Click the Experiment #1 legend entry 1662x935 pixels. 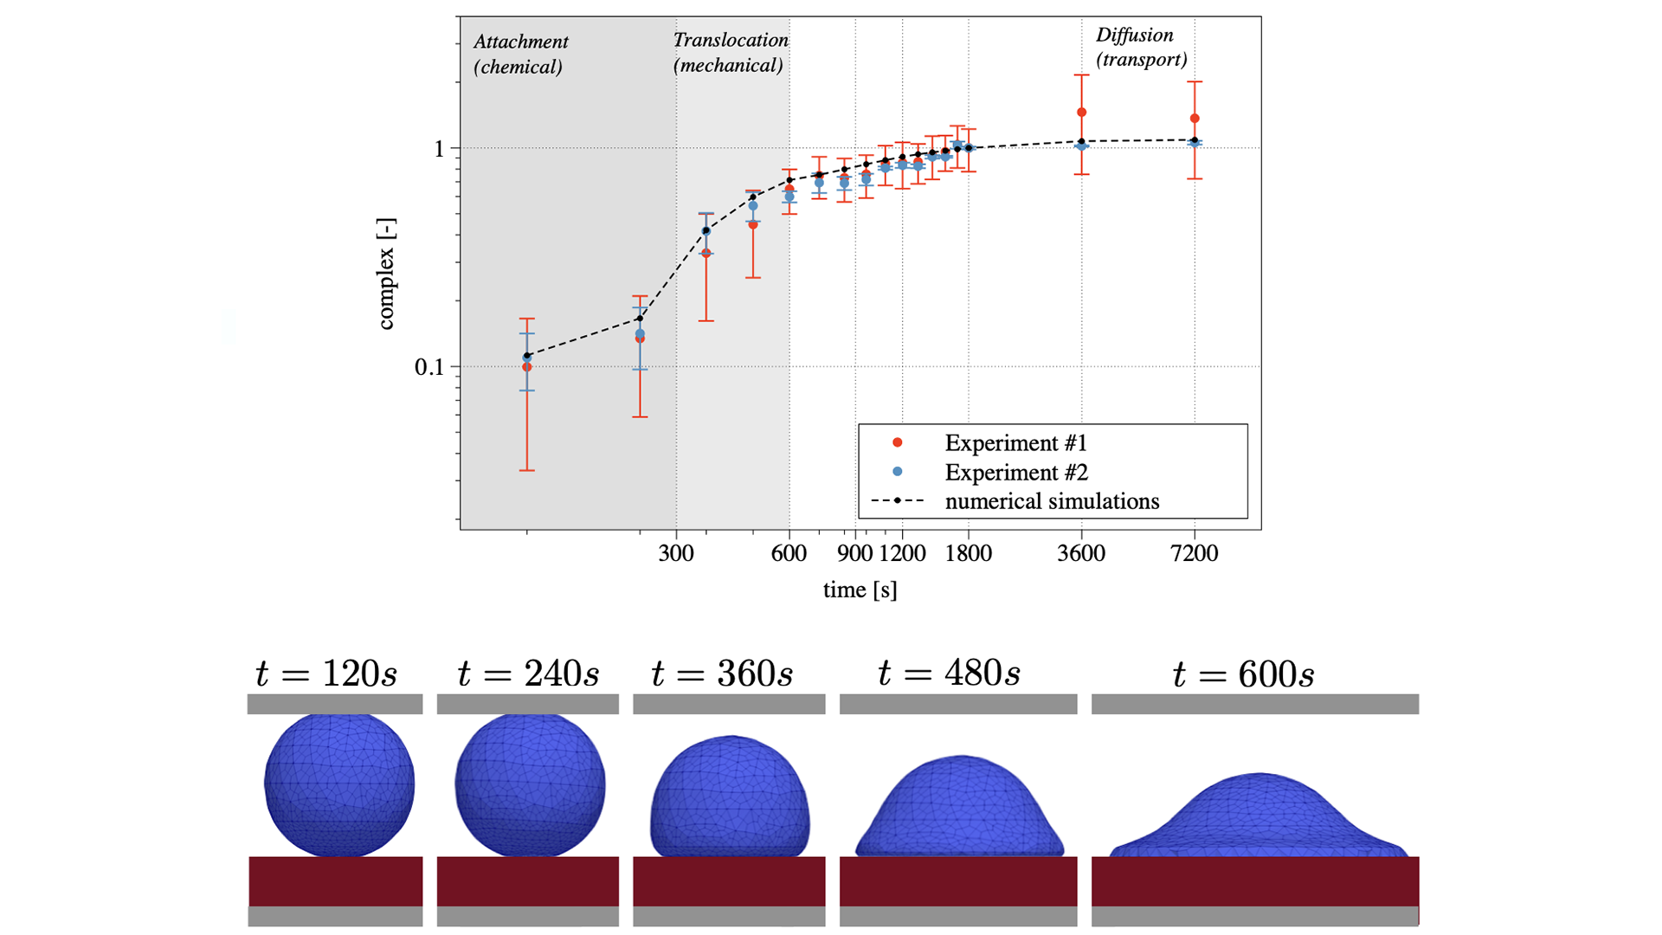[1015, 443]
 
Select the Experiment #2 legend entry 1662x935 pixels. [1015, 473]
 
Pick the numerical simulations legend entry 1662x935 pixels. [1051, 501]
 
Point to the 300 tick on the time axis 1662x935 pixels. [676, 553]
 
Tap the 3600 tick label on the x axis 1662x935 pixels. [1081, 553]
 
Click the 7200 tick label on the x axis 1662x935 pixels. [1194, 553]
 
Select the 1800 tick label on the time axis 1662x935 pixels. [968, 553]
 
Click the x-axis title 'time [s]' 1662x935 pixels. [860, 590]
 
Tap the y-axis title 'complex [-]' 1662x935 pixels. [386, 274]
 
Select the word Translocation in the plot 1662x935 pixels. [731, 40]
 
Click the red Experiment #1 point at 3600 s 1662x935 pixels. [1081, 113]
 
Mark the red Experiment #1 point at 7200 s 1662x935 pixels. [1195, 119]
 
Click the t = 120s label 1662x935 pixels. [326, 674]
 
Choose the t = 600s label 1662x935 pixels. [1243, 674]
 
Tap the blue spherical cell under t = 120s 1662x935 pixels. [339, 784]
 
